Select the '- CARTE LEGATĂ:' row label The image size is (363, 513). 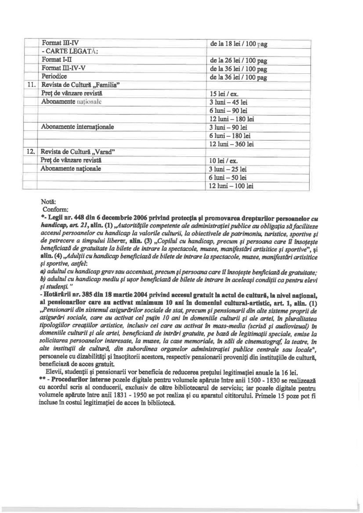coord(69,51)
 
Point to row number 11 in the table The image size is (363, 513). coord(30,85)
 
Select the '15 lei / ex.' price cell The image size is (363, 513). coord(224,94)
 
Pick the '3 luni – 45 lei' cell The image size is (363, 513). coord(228,102)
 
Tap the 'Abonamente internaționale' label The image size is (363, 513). coord(77,127)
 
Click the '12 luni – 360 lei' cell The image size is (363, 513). coord(232,144)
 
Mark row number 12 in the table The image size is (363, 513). coord(30,152)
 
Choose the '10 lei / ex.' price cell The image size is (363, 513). coord(224,161)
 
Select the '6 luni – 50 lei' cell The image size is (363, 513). coord(228,177)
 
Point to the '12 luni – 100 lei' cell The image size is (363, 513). coord(232,186)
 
